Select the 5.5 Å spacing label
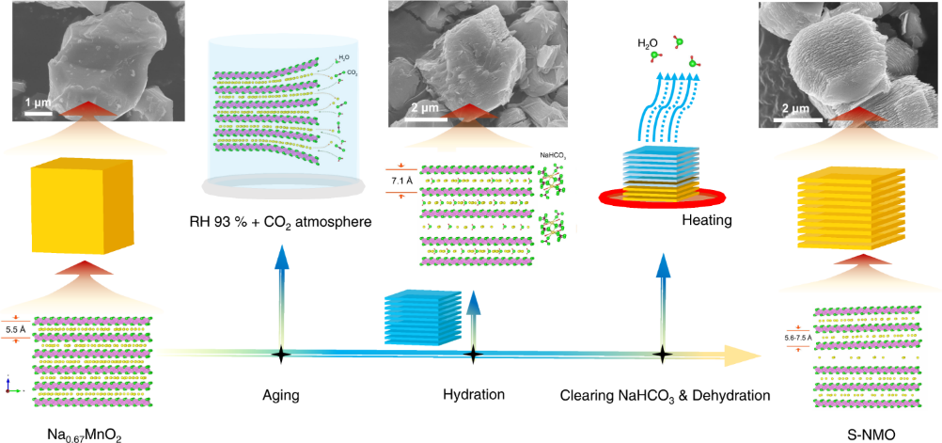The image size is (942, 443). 16,329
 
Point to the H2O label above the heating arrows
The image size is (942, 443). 646,43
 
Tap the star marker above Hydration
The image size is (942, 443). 474,355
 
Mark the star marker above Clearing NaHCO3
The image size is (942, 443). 663,355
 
